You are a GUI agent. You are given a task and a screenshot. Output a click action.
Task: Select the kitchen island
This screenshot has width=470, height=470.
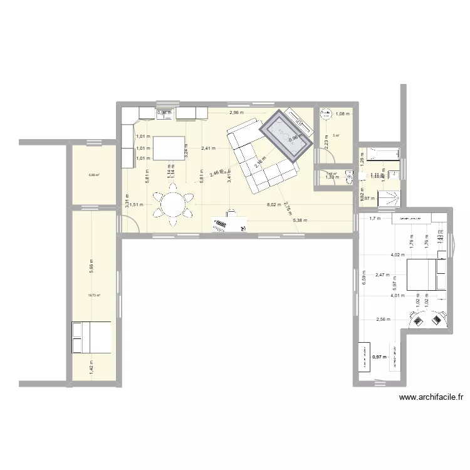point(165,149)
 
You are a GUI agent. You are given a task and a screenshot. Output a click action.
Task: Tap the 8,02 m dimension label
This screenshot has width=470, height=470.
point(275,204)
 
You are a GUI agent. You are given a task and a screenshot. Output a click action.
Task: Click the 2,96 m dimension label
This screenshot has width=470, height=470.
point(236,113)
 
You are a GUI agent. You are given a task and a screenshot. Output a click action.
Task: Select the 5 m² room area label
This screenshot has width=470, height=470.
point(337,135)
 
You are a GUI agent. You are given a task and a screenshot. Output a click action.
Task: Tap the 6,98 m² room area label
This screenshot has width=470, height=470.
point(94,175)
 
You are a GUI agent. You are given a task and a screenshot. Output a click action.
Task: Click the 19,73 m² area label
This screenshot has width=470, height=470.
point(94,295)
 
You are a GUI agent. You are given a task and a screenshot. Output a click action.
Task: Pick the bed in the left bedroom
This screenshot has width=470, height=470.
point(91,338)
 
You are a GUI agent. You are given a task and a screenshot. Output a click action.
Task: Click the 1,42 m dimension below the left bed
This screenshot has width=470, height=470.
point(91,363)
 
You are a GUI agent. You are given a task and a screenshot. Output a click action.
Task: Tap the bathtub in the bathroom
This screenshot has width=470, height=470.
point(379,153)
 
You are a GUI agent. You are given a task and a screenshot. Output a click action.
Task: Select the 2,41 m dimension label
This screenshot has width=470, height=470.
point(208,149)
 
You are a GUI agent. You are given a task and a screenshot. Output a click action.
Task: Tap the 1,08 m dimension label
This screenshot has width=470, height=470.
point(343,114)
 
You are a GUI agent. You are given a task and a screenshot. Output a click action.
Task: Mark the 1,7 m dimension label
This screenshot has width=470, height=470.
point(375,219)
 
